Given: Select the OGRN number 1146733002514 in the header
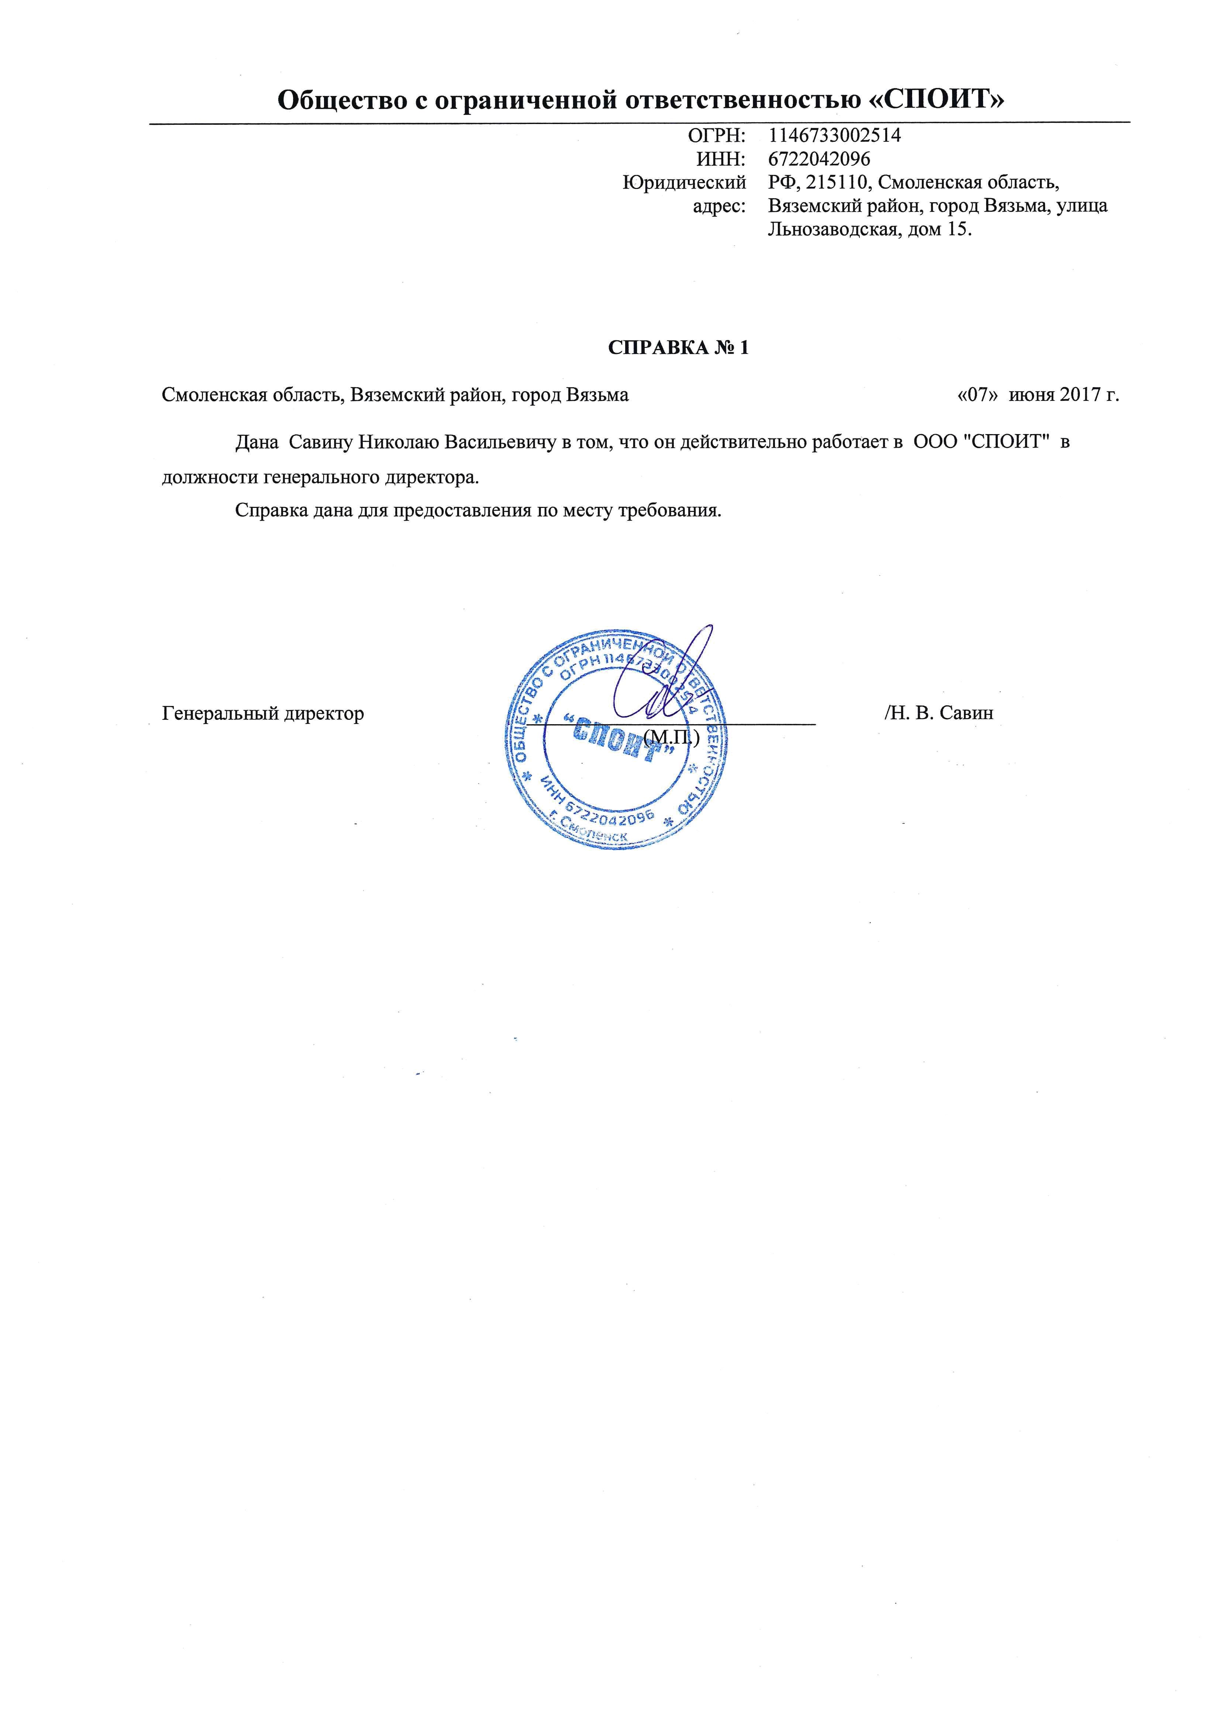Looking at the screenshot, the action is [834, 136].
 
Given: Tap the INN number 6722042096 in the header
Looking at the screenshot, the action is [819, 159].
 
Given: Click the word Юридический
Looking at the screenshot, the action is [684, 183].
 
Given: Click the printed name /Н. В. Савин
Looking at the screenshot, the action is [940, 713].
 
